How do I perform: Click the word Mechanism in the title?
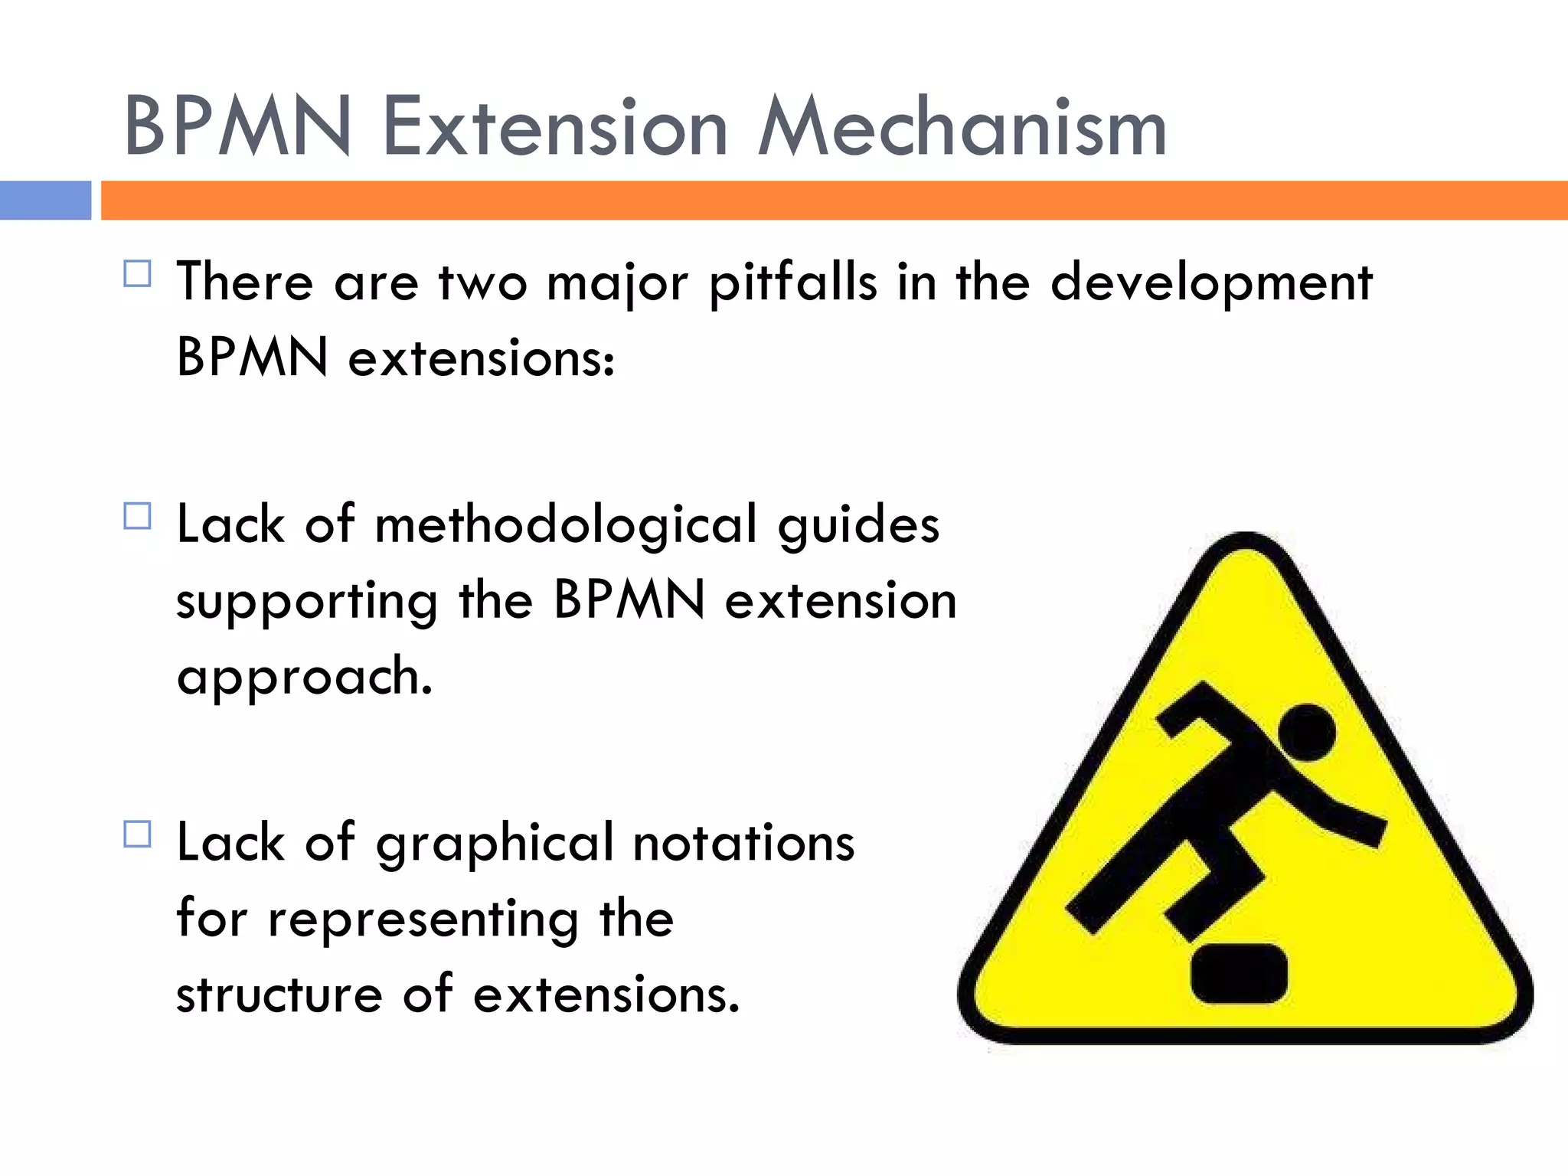pos(962,126)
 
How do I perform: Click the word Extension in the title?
pos(554,126)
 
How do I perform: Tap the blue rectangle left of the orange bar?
pos(45,201)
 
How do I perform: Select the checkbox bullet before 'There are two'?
pos(138,273)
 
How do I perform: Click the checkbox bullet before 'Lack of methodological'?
pos(138,516)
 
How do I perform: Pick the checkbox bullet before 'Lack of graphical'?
pos(138,834)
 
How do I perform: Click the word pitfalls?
pos(792,283)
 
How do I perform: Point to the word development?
pos(1211,283)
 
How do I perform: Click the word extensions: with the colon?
pos(481,358)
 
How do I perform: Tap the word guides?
pos(858,527)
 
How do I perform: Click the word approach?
pos(304,678)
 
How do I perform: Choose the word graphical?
pos(495,844)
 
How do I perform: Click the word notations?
pos(743,842)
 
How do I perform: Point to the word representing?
pos(423,919)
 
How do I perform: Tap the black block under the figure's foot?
pos(1239,973)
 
